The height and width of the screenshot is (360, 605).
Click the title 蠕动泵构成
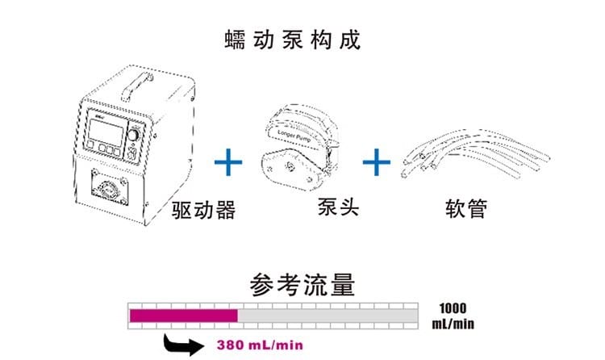pos(293,40)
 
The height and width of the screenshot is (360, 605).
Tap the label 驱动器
pos(203,210)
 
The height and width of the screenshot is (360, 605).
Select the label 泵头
pos(338,207)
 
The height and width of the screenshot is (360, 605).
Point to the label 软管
pos(466,208)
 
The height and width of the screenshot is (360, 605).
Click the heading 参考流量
pos(302,285)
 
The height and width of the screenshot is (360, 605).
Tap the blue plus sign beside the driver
pos(228,162)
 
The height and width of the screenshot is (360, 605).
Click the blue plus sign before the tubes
pos(377,162)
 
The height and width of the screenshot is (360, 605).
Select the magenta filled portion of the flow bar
pos(184,316)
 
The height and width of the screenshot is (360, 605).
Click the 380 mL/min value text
pos(260,345)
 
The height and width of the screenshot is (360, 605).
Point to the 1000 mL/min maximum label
pos(453,316)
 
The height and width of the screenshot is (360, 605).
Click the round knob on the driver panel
pos(133,135)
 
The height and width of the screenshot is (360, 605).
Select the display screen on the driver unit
pos(106,132)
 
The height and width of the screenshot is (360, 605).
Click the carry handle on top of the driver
pos(136,86)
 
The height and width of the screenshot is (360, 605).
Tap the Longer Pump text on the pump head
pos(294,136)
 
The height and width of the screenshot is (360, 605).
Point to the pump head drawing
pos(300,147)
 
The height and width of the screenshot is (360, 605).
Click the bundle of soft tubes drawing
pos(475,154)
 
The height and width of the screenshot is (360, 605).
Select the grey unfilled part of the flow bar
pos(328,316)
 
